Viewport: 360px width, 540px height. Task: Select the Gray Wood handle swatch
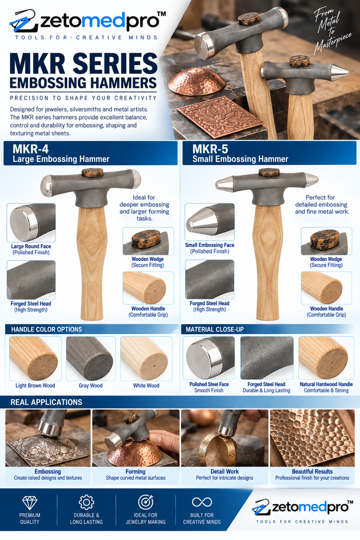[x=91, y=358]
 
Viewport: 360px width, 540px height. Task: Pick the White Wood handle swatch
[x=146, y=358]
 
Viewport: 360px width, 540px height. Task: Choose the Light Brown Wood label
[x=35, y=386]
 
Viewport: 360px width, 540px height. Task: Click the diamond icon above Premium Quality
[x=30, y=502]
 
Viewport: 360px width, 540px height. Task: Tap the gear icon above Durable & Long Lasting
[x=86, y=502]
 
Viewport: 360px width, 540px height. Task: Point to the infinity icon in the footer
[x=202, y=502]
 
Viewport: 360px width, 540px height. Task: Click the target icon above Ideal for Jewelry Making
[x=145, y=502]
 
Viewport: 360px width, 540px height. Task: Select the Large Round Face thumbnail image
[x=31, y=223]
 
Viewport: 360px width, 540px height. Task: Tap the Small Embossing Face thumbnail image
[x=209, y=222]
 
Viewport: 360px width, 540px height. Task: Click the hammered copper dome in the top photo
[x=197, y=82]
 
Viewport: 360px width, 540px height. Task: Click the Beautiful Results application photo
[x=312, y=438]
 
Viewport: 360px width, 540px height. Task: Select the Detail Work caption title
[x=224, y=471]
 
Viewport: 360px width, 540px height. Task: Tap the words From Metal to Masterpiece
[x=331, y=31]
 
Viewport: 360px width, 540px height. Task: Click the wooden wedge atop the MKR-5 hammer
[x=269, y=172]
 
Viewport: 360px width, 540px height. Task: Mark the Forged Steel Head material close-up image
[x=267, y=358]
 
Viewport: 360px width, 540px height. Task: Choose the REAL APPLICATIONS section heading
[x=46, y=402]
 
